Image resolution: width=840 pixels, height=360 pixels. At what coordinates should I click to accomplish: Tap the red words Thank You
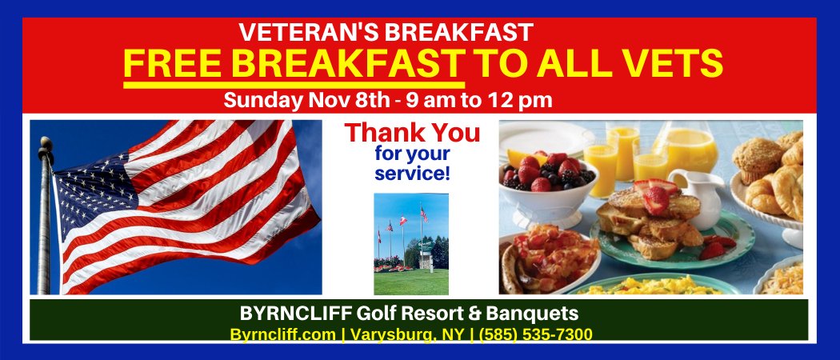click(413, 132)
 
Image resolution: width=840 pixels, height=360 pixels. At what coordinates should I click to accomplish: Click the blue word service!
click(413, 171)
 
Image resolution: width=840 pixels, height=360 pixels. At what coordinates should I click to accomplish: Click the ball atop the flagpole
click(46, 144)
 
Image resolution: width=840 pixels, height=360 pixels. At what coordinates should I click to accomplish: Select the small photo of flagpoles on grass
click(411, 244)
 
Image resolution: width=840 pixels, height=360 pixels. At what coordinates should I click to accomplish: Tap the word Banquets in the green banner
click(532, 312)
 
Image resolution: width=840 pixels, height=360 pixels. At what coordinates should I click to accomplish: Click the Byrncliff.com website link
click(282, 334)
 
